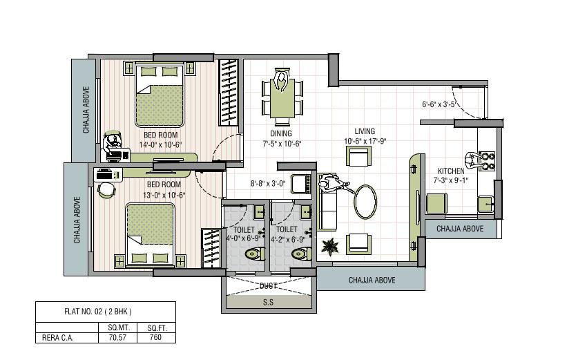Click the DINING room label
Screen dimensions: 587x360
coord(281,133)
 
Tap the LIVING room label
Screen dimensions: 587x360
coord(365,131)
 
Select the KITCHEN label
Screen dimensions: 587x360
coord(451,171)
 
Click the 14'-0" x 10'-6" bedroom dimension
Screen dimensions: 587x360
coord(160,144)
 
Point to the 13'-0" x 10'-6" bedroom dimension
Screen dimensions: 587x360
coord(164,195)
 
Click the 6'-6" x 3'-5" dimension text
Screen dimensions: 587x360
coord(439,104)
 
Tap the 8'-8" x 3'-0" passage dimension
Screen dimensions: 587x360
coord(268,184)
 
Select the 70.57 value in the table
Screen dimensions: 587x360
coord(117,337)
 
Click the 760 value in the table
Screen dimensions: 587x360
coord(155,337)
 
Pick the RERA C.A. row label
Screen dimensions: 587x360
coord(57,337)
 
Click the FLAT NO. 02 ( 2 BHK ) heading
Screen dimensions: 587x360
coord(98,312)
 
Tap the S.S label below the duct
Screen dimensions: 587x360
coord(268,302)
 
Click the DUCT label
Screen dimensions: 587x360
coord(268,286)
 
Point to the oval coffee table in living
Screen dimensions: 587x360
coord(365,202)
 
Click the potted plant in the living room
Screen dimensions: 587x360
coord(330,247)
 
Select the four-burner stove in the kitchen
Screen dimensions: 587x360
coord(487,162)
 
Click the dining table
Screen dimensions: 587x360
coord(282,98)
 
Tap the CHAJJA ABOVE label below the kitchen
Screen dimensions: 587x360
coord(460,229)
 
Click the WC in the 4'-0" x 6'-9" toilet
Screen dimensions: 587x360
coord(254,255)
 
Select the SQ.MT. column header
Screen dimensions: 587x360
coord(119,328)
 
